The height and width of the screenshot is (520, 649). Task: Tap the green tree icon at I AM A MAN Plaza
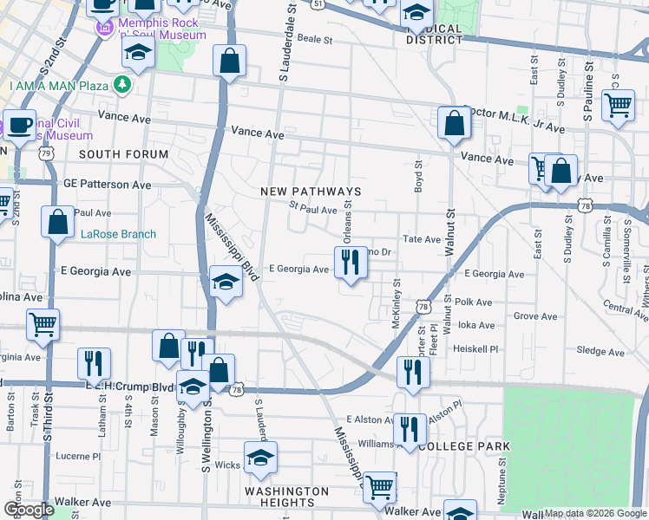point(123,85)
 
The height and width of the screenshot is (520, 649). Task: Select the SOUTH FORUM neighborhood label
point(123,154)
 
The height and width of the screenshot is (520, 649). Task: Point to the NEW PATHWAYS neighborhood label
point(311,192)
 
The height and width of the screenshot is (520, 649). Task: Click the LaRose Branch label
point(118,234)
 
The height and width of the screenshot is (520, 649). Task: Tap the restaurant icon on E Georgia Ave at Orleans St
point(350,261)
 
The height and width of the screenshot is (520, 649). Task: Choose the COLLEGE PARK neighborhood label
point(464,445)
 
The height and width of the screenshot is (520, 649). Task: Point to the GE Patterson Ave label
point(108,185)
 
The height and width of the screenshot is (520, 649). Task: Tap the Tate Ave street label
point(422,239)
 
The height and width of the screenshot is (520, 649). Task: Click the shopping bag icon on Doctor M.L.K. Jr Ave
point(454,123)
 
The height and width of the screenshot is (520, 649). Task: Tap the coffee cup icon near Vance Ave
point(18,124)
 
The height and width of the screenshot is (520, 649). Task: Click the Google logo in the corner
point(28,510)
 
